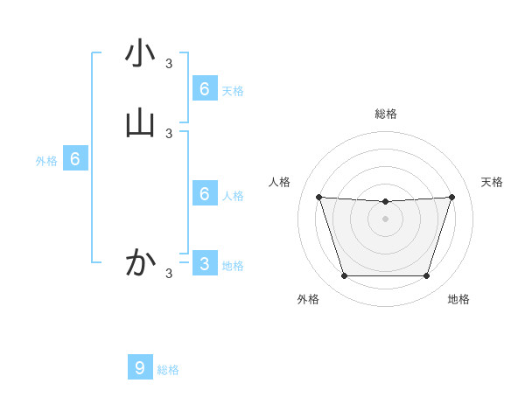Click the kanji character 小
coord(140,53)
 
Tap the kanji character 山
coord(140,123)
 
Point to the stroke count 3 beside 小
coord(169,63)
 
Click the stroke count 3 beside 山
coord(169,133)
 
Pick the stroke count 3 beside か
coord(169,273)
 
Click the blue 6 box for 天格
coord(205,88)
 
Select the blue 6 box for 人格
coord(205,193)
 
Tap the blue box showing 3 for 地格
coord(205,263)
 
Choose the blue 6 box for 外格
coord(75,159)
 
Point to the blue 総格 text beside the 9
coord(168,370)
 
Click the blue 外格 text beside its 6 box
coord(46,161)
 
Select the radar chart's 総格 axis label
coord(386,114)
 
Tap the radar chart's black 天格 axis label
coord(492,182)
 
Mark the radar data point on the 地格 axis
coord(427,276)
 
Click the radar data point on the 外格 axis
coord(344,276)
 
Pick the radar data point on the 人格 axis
coord(318,197)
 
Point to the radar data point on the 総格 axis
coord(386,202)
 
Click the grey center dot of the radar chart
coord(386,219)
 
